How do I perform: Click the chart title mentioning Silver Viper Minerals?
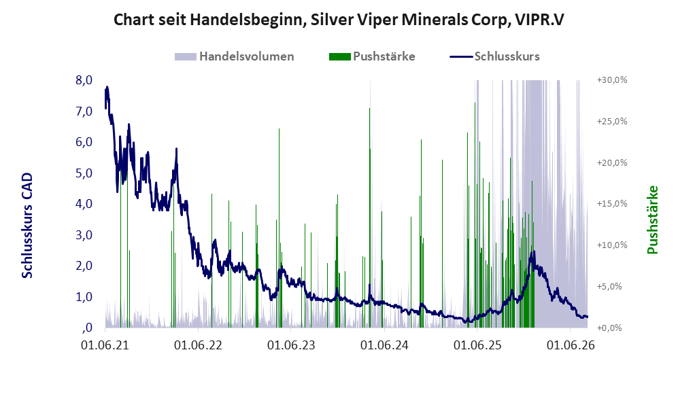[339, 20]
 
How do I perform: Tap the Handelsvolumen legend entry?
[235, 56]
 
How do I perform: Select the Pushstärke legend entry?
[372, 56]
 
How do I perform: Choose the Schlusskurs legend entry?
[494, 56]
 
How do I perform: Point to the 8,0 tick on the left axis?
[84, 80]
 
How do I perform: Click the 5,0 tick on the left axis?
[84, 173]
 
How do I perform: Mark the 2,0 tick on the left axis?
[84, 266]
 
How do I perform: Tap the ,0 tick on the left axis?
[87, 328]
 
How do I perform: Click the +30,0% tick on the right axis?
[612, 80]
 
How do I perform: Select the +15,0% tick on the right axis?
[612, 203]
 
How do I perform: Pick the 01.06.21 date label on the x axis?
[105, 345]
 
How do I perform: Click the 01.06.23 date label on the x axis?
[291, 345]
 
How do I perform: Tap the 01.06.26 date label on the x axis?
[571, 345]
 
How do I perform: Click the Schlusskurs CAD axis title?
[27, 226]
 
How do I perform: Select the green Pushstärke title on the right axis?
[652, 220]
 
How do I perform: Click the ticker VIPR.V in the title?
[540, 20]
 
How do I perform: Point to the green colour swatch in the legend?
[339, 56]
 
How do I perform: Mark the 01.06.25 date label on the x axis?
[477, 345]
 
